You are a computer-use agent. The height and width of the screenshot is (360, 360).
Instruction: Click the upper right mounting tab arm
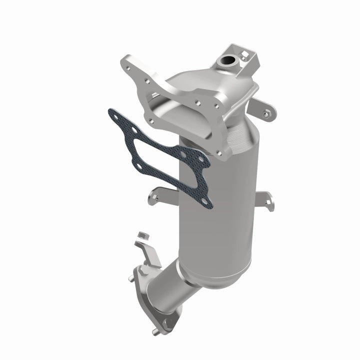pyautogui.click(x=262, y=107)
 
